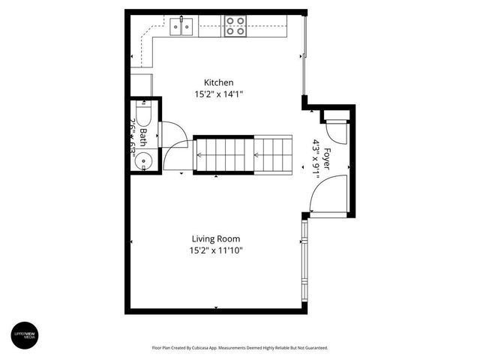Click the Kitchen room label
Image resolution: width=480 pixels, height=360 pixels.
(x=219, y=82)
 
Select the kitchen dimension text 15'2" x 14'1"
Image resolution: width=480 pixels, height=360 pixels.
(x=219, y=94)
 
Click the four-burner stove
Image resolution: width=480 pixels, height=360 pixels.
(x=235, y=26)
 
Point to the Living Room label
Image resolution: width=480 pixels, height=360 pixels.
(x=214, y=238)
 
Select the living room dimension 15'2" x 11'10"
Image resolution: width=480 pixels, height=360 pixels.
(x=216, y=251)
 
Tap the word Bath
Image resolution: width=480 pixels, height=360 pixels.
(x=143, y=136)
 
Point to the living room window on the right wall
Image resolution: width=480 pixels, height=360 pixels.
(x=304, y=262)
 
